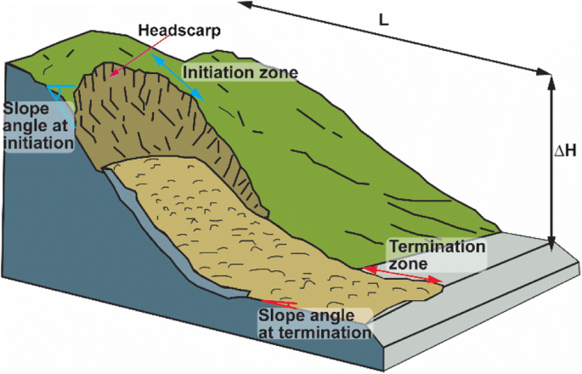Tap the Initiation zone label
click(x=240, y=73)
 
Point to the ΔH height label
click(x=564, y=151)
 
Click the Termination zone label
click(x=436, y=255)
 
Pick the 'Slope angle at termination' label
click(x=315, y=323)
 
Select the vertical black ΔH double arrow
click(x=551, y=161)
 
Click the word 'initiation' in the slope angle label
click(x=37, y=143)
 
